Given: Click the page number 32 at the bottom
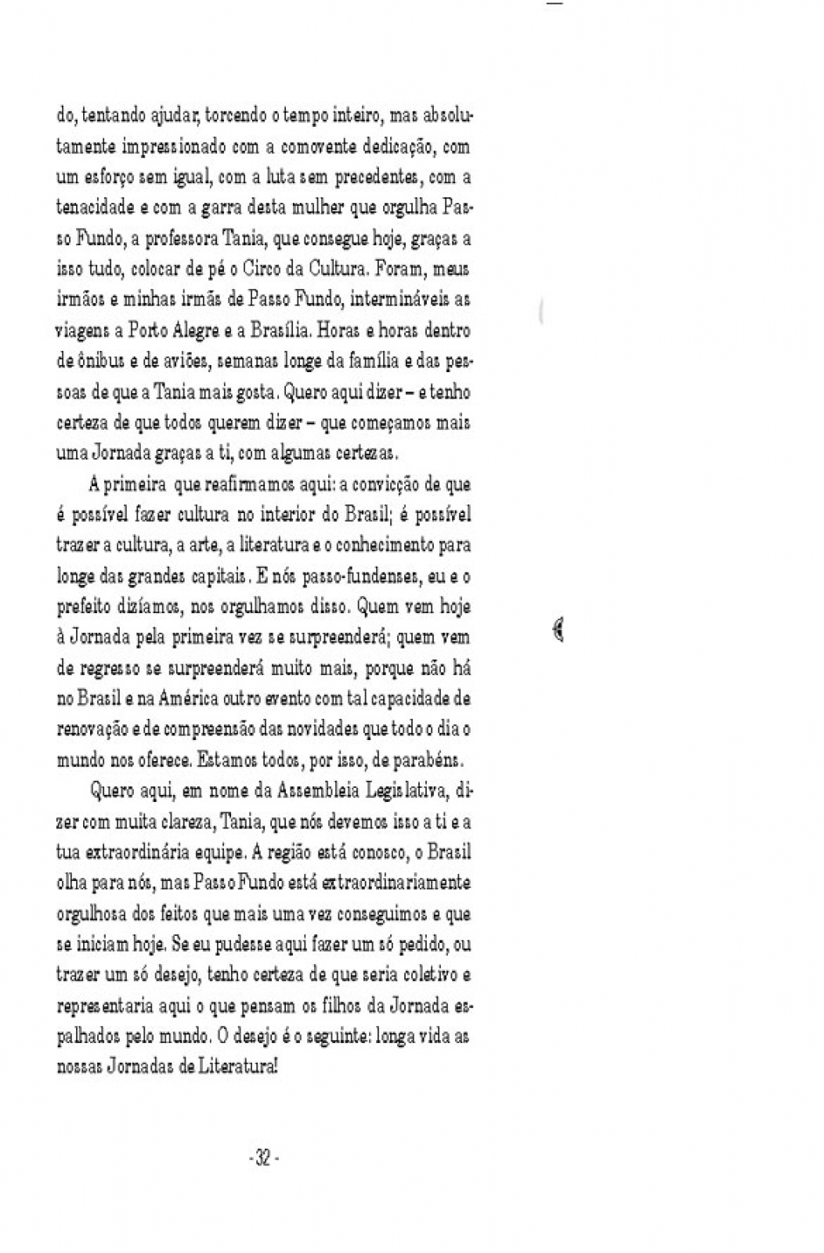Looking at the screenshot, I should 263,1158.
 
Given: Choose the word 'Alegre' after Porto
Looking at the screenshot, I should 189,330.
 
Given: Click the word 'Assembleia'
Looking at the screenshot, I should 319,791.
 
